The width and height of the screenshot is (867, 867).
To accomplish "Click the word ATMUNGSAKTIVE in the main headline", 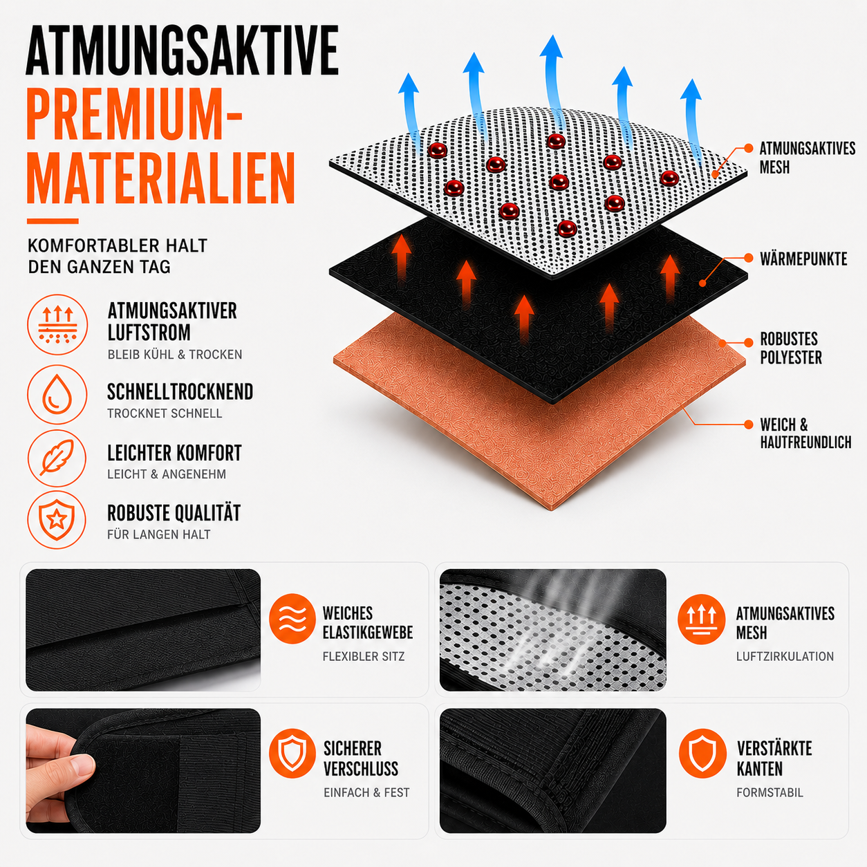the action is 183,50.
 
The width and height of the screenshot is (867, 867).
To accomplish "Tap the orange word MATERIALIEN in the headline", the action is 161,178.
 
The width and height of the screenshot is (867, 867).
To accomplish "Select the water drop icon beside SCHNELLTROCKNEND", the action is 57,395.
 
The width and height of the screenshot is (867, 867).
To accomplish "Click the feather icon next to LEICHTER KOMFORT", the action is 57,458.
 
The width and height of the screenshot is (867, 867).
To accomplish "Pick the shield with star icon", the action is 57,519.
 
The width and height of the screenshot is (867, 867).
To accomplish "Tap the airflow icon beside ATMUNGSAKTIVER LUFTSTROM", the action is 57,324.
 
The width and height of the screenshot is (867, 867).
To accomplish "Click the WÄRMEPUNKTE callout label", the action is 803,259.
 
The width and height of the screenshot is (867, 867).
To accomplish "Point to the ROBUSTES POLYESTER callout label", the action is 791,348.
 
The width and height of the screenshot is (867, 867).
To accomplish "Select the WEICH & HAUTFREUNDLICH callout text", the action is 805,433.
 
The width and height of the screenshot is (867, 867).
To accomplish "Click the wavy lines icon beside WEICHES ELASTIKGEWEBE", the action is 292,619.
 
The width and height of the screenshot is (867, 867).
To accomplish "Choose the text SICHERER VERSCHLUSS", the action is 361,758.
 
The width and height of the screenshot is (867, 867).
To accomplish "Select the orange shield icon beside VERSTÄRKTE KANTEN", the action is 702,753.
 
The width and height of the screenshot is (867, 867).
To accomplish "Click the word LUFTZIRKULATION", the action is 785,656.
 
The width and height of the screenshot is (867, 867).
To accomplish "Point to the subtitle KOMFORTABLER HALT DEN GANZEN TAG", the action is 118,256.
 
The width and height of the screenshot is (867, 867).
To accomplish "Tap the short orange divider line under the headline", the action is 53,221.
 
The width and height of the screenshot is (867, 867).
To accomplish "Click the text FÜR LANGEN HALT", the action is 159,534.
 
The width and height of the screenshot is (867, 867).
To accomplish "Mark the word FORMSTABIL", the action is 770,792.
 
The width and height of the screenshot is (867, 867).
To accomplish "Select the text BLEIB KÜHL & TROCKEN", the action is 175,355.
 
